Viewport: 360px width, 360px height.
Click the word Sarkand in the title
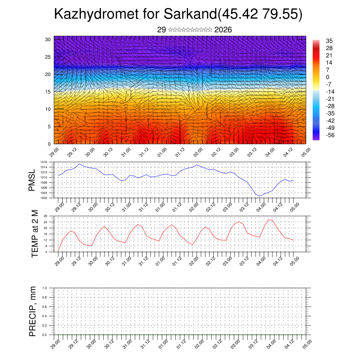point(190,14)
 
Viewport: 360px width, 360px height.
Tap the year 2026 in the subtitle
point(223,30)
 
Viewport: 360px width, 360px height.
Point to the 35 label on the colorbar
point(329,41)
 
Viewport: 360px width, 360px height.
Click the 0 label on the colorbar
point(328,77)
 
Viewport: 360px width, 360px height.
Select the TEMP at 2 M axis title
point(34,234)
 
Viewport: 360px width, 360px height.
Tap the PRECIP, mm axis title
point(33,311)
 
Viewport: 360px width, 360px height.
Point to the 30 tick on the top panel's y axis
point(48,39)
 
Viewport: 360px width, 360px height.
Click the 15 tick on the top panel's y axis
point(48,92)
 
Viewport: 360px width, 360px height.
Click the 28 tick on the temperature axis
point(46,216)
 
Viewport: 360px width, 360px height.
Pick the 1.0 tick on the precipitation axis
point(44,288)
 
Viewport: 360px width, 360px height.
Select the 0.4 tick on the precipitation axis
point(44,316)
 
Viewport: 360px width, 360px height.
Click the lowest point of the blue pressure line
point(260,196)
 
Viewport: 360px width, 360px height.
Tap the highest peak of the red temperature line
point(269,220)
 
